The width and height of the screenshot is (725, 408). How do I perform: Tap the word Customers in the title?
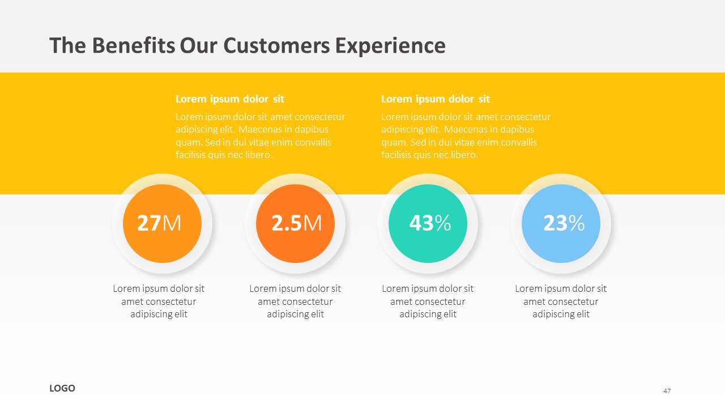click(x=277, y=46)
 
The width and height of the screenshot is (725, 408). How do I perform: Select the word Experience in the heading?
click(x=390, y=46)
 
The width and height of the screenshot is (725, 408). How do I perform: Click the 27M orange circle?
click(x=162, y=223)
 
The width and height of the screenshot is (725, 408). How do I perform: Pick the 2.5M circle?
click(x=295, y=223)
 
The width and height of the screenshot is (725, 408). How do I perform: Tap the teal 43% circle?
click(x=428, y=223)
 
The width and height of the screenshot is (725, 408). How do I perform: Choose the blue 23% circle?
click(x=561, y=223)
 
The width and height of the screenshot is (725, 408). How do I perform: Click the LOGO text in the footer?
click(x=62, y=388)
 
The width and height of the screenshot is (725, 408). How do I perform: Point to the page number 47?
click(x=667, y=391)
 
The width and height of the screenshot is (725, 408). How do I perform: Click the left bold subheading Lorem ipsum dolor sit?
click(x=230, y=99)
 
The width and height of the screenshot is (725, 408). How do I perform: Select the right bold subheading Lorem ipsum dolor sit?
click(x=436, y=99)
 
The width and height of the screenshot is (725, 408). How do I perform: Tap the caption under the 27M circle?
click(x=159, y=301)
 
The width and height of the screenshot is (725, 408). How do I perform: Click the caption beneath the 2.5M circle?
click(x=295, y=301)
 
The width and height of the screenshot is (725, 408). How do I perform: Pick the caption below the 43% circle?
click(x=428, y=301)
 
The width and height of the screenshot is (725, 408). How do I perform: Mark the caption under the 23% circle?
click(x=561, y=301)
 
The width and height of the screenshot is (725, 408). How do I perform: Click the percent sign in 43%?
click(x=443, y=223)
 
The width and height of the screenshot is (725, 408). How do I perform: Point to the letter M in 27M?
click(x=172, y=223)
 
